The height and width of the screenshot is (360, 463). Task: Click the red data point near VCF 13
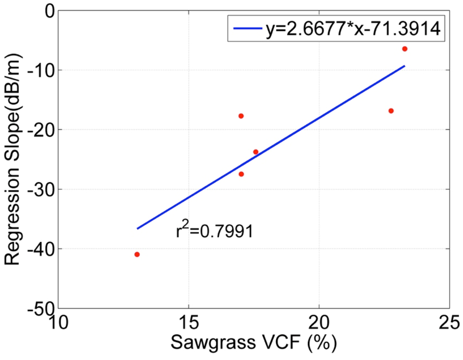tap(137, 254)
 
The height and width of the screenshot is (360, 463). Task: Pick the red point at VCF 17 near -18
tap(241, 116)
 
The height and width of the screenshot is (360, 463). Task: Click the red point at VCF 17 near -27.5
tap(241, 174)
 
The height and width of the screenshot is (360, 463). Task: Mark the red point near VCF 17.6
tap(256, 152)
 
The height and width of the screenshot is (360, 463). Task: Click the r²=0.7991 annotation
tap(214, 231)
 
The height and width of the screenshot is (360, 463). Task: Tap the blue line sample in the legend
tap(248, 29)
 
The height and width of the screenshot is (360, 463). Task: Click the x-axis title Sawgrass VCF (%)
tap(254, 345)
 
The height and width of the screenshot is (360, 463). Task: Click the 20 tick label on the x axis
tap(319, 322)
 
